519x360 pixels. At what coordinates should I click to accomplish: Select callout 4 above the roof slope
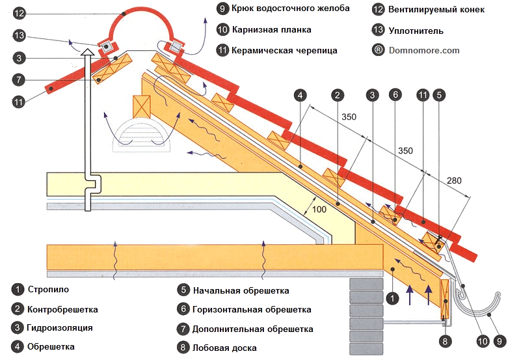point(300,95)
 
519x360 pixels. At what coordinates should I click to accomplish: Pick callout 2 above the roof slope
point(336,95)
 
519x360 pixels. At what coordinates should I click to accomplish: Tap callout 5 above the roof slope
point(440,95)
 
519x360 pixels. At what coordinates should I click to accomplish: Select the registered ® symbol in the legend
point(379,49)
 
